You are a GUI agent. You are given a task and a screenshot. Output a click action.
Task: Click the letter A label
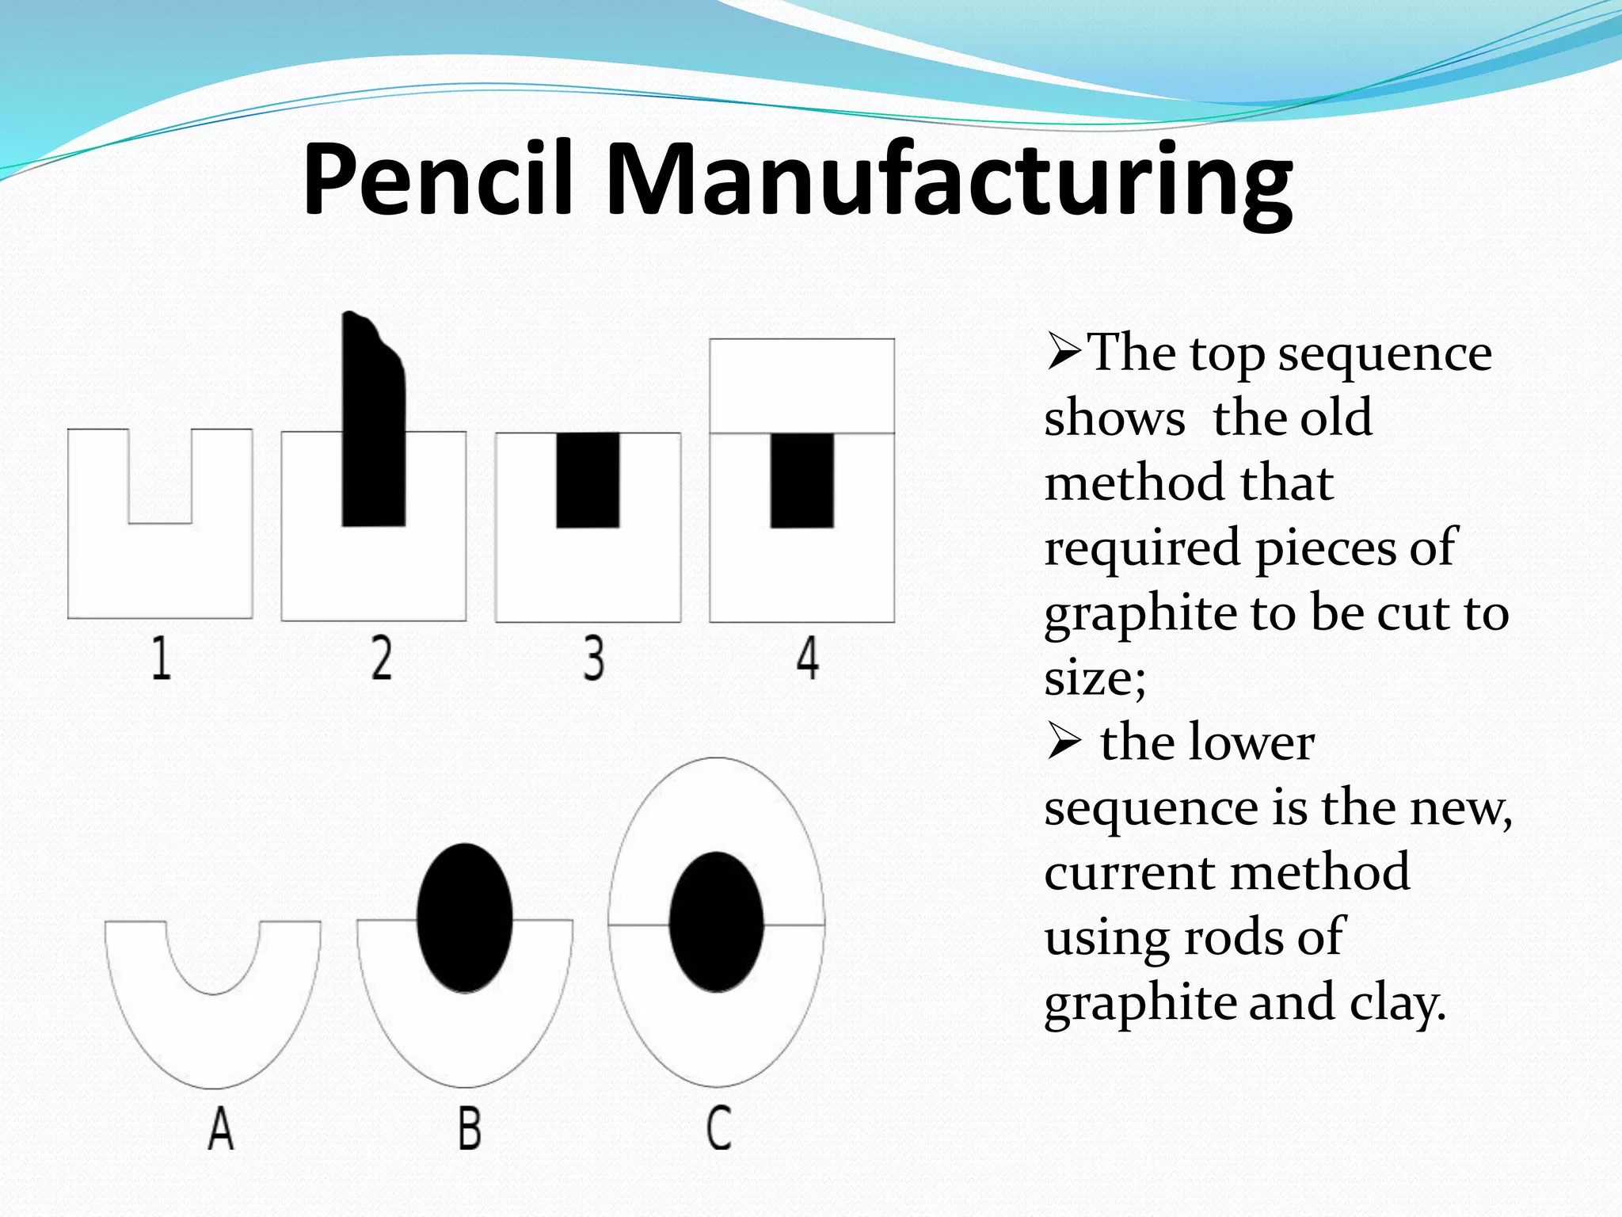coord(221,1128)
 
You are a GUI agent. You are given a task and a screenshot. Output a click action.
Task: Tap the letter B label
coord(469,1128)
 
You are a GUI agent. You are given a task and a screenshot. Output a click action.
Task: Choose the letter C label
coord(718,1128)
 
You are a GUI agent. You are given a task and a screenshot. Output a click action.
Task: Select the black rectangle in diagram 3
coord(588,480)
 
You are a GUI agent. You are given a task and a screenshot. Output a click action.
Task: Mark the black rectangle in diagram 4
coord(802,480)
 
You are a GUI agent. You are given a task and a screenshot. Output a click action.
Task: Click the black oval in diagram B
coord(464,918)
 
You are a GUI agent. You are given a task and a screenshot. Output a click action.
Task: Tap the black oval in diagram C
coord(716,921)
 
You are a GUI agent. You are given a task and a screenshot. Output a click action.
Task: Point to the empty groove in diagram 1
coord(160,475)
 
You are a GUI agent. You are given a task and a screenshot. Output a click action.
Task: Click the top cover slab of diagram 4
coord(801,386)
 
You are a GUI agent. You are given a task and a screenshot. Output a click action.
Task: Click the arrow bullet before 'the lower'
coord(1064,743)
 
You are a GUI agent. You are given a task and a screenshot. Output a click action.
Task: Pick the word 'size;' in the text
coord(1095,678)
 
